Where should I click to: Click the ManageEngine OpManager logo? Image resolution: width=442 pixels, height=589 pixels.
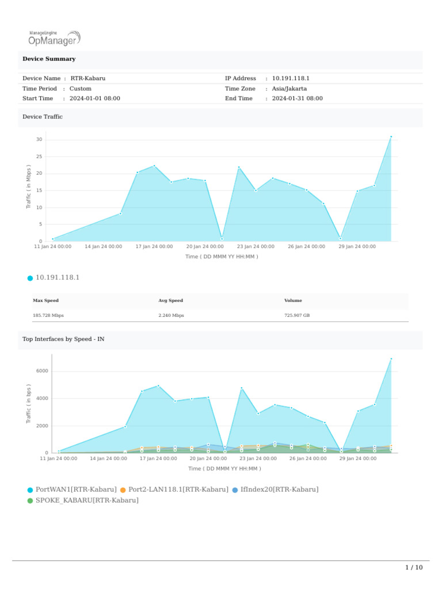pyautogui.click(x=54, y=37)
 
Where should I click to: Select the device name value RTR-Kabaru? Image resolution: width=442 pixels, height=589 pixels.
pyautogui.click(x=88, y=78)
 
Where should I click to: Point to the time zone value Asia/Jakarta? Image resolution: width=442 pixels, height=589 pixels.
pyautogui.click(x=289, y=89)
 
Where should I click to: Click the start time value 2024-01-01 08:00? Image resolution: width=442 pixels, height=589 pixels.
pyautogui.click(x=95, y=98)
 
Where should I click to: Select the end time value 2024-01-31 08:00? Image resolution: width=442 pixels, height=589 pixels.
pyautogui.click(x=297, y=98)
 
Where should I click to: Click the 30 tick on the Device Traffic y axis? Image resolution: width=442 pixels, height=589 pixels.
pyautogui.click(x=39, y=140)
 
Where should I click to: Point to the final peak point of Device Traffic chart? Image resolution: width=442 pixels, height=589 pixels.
pyautogui.click(x=391, y=137)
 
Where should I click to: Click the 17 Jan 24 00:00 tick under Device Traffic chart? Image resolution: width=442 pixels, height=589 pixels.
pyautogui.click(x=154, y=247)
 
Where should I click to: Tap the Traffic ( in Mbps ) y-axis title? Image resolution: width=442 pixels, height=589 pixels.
pyautogui.click(x=29, y=186)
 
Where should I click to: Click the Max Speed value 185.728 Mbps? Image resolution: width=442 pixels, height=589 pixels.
pyautogui.click(x=48, y=315)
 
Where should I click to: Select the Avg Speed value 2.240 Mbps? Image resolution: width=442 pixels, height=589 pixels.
pyautogui.click(x=171, y=315)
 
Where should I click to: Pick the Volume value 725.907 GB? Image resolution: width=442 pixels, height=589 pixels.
pyautogui.click(x=297, y=315)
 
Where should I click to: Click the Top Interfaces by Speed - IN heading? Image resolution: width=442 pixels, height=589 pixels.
pyautogui.click(x=63, y=339)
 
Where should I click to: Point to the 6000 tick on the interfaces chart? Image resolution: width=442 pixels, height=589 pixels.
pyautogui.click(x=41, y=371)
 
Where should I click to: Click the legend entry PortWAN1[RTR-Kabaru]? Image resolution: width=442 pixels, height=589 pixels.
pyautogui.click(x=76, y=489)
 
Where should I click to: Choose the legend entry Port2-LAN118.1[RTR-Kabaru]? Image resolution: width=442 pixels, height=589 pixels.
pyautogui.click(x=178, y=489)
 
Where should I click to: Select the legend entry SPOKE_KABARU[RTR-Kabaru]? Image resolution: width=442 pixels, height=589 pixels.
pyautogui.click(x=87, y=500)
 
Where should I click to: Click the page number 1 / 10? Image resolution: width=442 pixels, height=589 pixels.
pyautogui.click(x=414, y=568)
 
